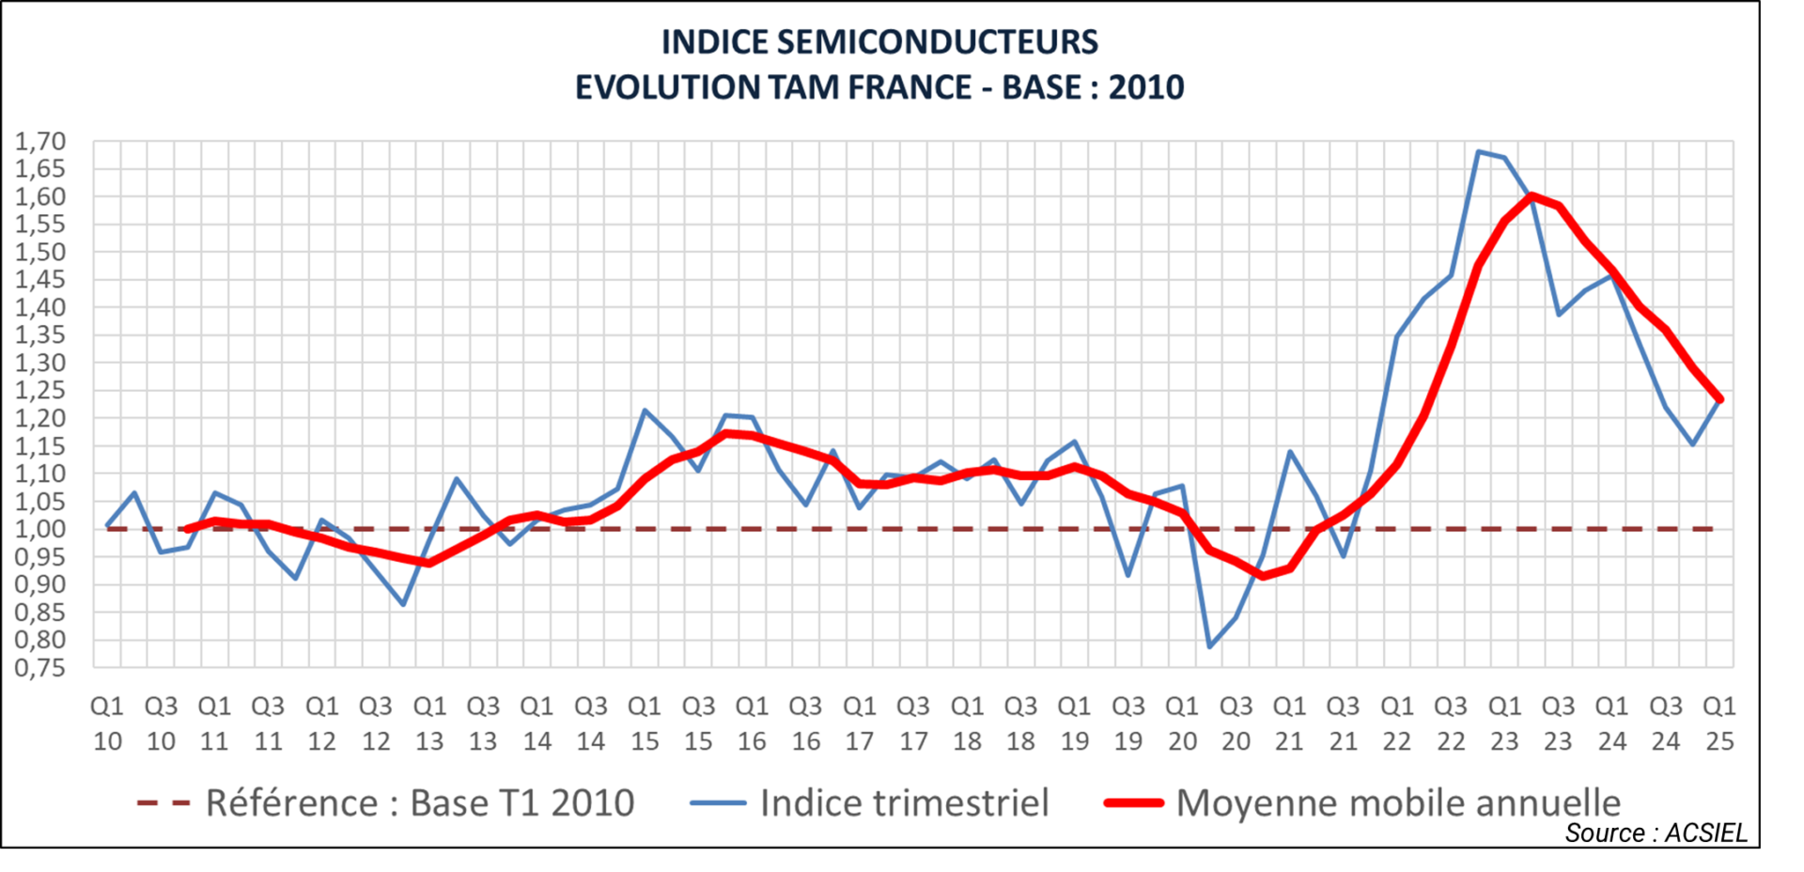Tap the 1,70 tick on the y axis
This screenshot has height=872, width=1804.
pyautogui.click(x=40, y=142)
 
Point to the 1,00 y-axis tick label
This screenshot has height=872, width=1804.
pyautogui.click(x=40, y=529)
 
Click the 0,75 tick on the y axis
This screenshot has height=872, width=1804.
pyautogui.click(x=40, y=668)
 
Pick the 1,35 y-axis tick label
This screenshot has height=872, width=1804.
pyautogui.click(x=40, y=335)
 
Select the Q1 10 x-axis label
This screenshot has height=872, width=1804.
pyautogui.click(x=107, y=724)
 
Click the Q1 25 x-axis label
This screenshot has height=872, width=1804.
pyautogui.click(x=1719, y=724)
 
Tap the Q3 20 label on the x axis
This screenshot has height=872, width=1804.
pyautogui.click(x=1236, y=724)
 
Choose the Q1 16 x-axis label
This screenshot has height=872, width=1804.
pyautogui.click(x=752, y=724)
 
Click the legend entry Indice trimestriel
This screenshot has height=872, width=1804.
pyautogui.click(x=904, y=803)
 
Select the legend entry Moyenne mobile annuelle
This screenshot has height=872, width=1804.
pyautogui.click(x=1398, y=803)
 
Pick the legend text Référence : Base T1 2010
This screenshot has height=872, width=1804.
pyautogui.click(x=420, y=803)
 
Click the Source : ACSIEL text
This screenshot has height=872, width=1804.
pyautogui.click(x=1656, y=833)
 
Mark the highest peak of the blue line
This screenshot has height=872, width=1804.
pyautogui.click(x=1478, y=151)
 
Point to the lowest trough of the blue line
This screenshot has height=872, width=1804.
pyautogui.click(x=1209, y=646)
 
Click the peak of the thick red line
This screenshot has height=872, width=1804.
pyautogui.click(x=1532, y=195)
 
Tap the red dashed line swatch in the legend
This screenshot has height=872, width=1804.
pyautogui.click(x=163, y=803)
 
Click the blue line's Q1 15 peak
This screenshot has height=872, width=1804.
pyautogui.click(x=645, y=411)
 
